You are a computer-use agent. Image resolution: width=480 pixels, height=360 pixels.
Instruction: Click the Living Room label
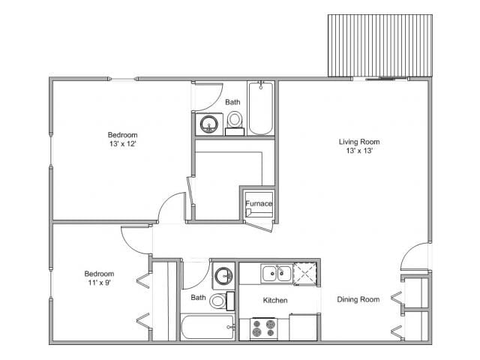pyautogui.click(x=358, y=141)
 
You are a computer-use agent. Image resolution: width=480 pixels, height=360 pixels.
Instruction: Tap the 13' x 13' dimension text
pyautogui.click(x=358, y=151)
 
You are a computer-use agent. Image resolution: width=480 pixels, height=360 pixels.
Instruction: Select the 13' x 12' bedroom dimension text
pyautogui.click(x=121, y=143)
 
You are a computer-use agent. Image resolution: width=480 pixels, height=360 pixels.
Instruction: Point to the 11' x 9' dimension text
pyautogui.click(x=99, y=283)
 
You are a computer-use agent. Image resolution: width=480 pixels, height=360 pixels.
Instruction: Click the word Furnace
pyautogui.click(x=258, y=203)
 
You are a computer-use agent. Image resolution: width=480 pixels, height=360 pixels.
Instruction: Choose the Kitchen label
pyautogui.click(x=275, y=300)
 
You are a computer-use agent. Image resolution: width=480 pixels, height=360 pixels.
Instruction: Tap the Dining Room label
pyautogui.click(x=358, y=299)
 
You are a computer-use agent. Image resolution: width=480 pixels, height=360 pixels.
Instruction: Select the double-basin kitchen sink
pyautogui.click(x=276, y=274)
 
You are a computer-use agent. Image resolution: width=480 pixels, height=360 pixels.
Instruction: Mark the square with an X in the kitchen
pyautogui.click(x=304, y=274)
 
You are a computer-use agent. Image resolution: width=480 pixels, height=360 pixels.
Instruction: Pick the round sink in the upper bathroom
pyautogui.click(x=208, y=123)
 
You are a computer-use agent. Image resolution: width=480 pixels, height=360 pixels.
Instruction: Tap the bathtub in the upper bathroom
pyautogui.click(x=261, y=109)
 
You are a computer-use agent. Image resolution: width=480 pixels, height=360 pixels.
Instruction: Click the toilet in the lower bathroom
pyautogui.click(x=217, y=301)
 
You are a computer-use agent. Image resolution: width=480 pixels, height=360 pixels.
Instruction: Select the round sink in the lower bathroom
pyautogui.click(x=223, y=276)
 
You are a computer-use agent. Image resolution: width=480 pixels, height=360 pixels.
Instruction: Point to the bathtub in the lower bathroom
pyautogui.click(x=207, y=328)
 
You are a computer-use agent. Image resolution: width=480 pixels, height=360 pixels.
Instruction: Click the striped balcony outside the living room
pyautogui.click(x=379, y=46)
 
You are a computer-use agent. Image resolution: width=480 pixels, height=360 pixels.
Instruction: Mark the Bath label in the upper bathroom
pyautogui.click(x=233, y=102)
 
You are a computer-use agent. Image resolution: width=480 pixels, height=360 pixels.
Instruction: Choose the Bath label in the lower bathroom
pyautogui.click(x=197, y=298)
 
